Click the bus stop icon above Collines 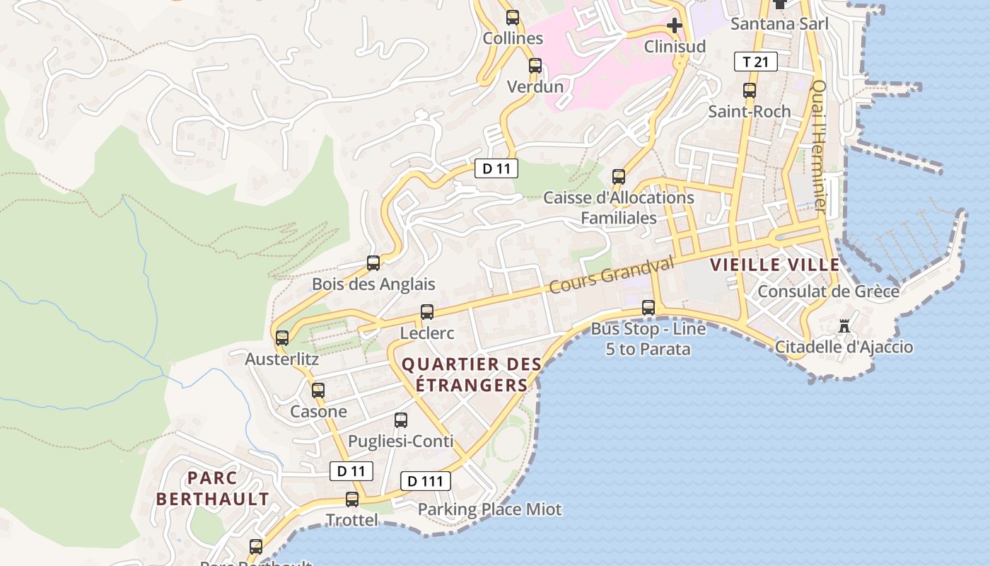point(513,18)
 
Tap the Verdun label point(535,87)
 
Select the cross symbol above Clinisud point(675,26)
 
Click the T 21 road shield point(755,62)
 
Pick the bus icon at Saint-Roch point(750,91)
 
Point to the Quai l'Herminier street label point(819,145)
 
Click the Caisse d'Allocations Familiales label point(619,208)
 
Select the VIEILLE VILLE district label point(775,265)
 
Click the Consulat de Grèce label point(828,291)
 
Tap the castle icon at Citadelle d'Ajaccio point(844,326)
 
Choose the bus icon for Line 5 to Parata point(648,308)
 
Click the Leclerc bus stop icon point(427,312)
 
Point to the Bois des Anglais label point(373,284)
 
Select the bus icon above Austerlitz point(282,338)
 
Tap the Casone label point(318,412)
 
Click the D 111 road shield point(426,482)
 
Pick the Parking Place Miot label point(489,509)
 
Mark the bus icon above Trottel point(352,499)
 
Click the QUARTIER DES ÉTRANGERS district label point(472,375)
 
